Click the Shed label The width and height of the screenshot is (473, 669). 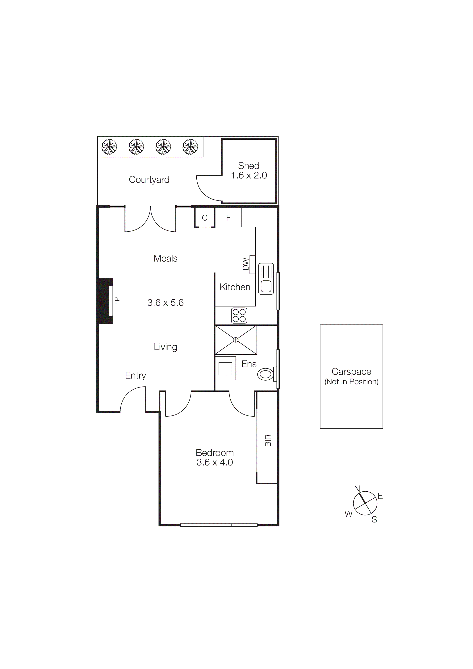coord(249,166)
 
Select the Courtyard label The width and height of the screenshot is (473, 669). coord(149,180)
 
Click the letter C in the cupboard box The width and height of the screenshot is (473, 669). coord(205,218)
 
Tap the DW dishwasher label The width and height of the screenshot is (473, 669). coord(246,264)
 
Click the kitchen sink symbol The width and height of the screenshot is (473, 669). coord(266,279)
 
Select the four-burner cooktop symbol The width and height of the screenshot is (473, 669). coord(239,316)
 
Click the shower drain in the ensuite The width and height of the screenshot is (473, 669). coord(236,340)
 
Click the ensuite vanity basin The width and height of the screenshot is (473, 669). coord(225,369)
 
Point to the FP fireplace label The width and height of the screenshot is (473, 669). coord(117,301)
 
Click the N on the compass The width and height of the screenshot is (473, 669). coord(357,489)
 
